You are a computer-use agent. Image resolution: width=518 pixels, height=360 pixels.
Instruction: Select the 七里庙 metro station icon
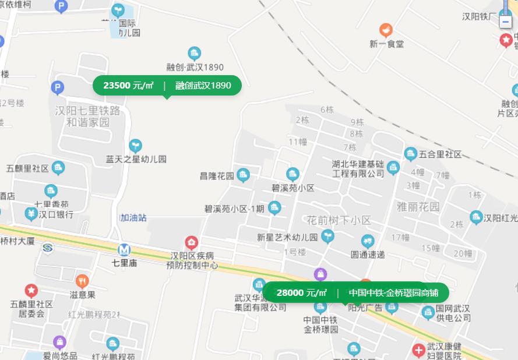[124, 249]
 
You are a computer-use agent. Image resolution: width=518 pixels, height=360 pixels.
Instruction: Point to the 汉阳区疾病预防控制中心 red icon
[192, 242]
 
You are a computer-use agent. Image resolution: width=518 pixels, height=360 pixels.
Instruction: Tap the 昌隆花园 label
[217, 176]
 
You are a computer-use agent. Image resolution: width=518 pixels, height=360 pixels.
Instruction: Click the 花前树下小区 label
[339, 220]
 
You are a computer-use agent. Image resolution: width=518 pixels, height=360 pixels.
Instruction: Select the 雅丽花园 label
[418, 207]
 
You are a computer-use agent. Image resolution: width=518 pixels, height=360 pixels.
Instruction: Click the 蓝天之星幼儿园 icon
[135, 145]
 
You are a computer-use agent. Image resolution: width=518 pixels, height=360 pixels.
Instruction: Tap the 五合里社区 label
[440, 154]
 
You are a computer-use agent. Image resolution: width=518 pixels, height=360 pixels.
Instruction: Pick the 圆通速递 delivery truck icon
[367, 241]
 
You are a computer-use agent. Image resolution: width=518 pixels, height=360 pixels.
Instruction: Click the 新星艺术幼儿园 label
[287, 237]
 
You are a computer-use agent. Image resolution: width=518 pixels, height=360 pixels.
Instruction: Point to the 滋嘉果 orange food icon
[82, 281]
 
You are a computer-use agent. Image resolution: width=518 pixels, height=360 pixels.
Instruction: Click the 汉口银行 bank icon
[31, 214]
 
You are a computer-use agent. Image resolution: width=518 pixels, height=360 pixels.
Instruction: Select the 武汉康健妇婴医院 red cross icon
[418, 350]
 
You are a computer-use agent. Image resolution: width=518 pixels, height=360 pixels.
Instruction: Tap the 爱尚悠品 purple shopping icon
[59, 342]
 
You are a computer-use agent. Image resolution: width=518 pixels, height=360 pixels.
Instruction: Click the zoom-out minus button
[505, 22]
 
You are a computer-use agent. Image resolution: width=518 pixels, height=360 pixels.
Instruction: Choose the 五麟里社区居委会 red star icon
[31, 290]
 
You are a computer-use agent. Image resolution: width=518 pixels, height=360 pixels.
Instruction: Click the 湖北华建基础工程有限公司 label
[358, 168]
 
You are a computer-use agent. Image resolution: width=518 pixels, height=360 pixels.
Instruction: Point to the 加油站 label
[133, 218]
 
